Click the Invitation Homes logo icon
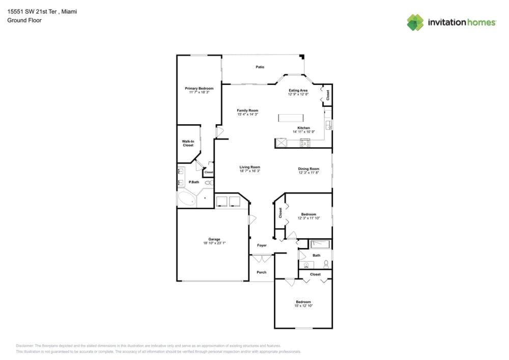coord(415,22)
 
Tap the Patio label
coord(260,67)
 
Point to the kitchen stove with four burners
coord(305,143)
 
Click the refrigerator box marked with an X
coord(281,143)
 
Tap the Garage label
coord(214,239)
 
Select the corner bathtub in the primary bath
coord(186,199)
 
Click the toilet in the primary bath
coord(209,182)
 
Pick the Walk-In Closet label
coord(188,143)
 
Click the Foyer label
coord(262,245)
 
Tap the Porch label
coord(261,272)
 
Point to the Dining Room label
coord(308,169)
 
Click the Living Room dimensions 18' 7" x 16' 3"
coord(250,171)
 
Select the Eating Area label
coord(298,90)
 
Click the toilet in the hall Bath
coord(325,264)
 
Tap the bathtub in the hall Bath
coord(320,244)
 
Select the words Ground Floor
coord(24,20)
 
